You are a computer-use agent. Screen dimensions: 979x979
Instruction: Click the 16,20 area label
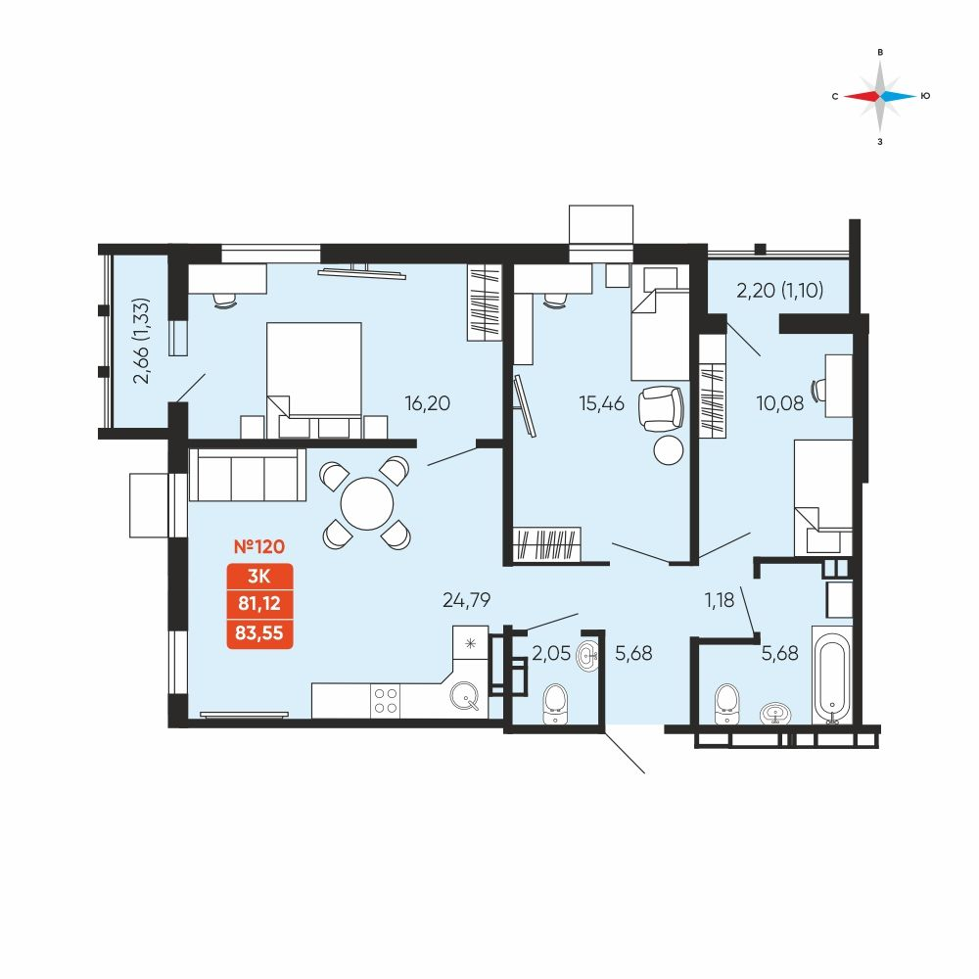(427, 403)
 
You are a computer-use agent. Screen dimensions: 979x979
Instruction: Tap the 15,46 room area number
(601, 403)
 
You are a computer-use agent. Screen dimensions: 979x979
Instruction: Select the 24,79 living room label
(466, 600)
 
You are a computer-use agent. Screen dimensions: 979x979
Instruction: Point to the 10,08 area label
(780, 403)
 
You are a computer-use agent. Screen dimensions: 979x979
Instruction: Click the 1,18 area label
(720, 600)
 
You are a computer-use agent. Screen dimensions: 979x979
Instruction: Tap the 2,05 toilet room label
(551, 653)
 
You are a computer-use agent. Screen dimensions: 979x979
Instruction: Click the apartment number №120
(259, 546)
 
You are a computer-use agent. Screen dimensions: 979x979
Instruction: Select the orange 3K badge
(259, 576)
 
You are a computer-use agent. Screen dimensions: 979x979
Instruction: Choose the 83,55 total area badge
(259, 633)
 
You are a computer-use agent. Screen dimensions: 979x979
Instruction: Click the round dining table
(367, 504)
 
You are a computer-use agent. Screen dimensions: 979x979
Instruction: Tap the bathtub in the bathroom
(831, 675)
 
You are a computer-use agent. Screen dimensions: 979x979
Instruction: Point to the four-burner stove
(385, 701)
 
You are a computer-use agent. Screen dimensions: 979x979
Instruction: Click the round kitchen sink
(464, 695)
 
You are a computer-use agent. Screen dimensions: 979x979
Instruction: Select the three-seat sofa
(248, 475)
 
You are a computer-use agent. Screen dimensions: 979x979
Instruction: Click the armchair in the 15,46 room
(661, 408)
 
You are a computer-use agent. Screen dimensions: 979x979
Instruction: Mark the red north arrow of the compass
(862, 96)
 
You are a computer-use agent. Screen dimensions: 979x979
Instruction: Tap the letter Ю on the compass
(926, 96)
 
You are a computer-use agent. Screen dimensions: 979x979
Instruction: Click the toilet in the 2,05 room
(555, 704)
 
